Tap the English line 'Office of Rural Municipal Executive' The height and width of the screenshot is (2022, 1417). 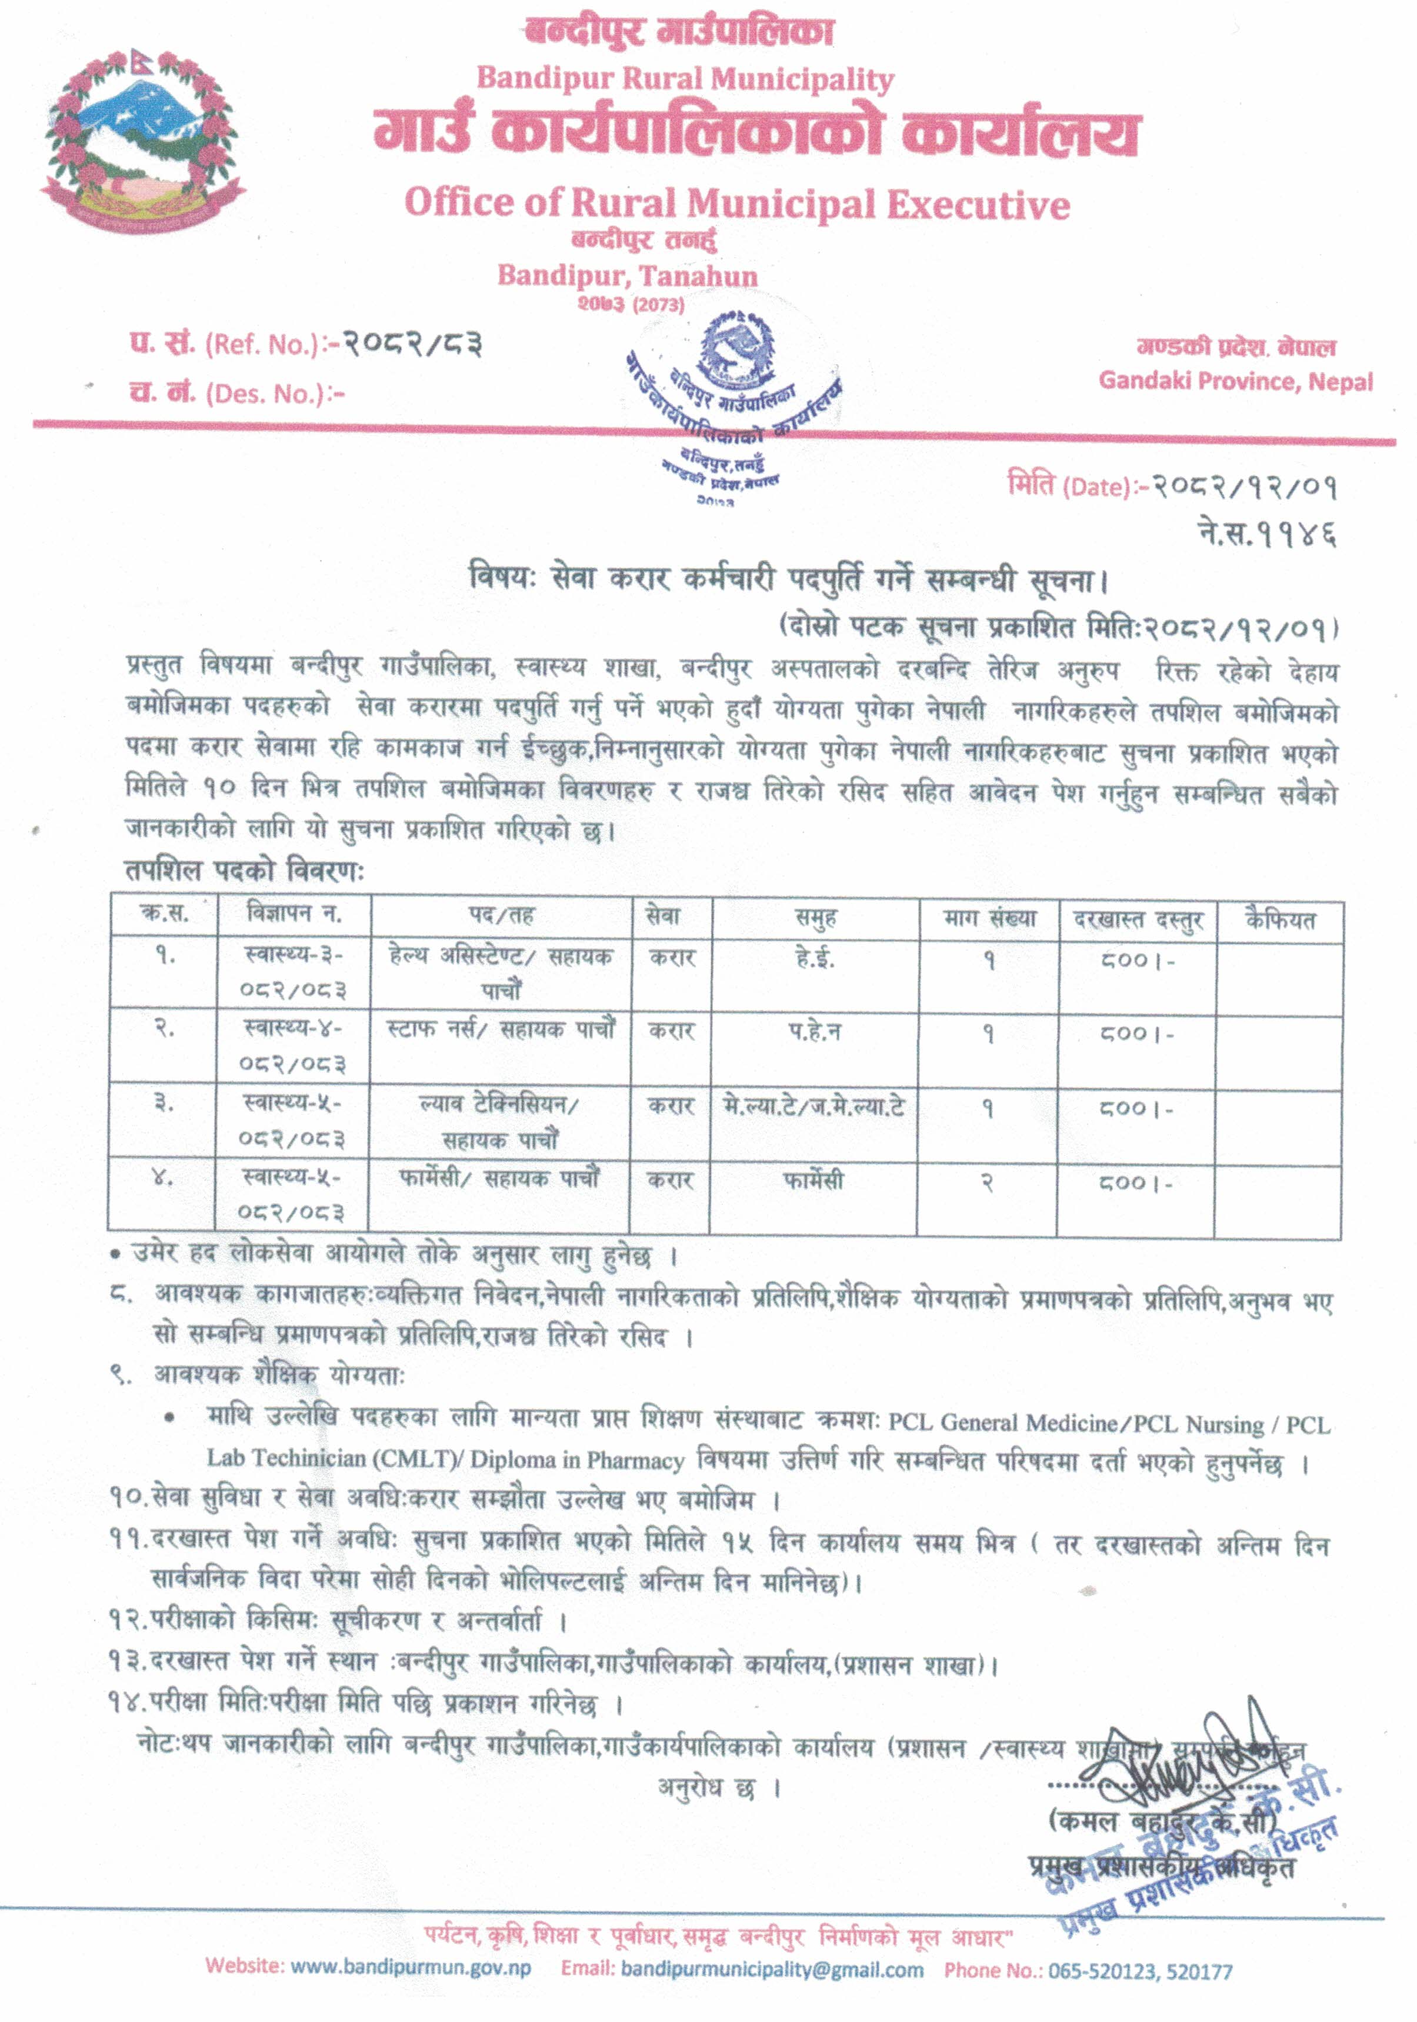(736, 204)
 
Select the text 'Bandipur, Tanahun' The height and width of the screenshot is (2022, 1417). (627, 276)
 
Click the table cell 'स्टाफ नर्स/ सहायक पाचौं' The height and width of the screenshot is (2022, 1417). (500, 1030)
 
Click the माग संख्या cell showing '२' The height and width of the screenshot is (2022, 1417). (987, 1182)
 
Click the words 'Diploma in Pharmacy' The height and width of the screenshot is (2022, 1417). (577, 1460)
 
